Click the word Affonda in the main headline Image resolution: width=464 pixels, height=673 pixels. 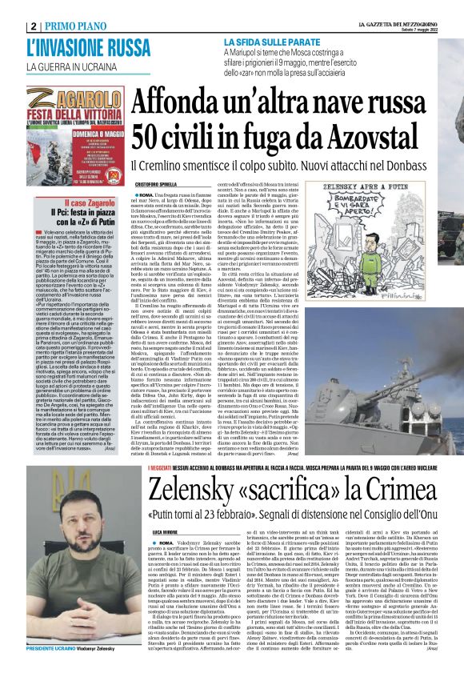point(177,102)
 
